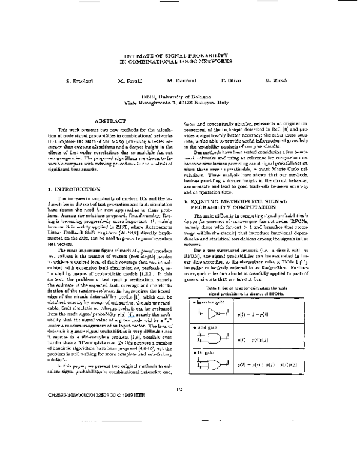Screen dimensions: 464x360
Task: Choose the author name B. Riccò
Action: pyautogui.click(x=283, y=80)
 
